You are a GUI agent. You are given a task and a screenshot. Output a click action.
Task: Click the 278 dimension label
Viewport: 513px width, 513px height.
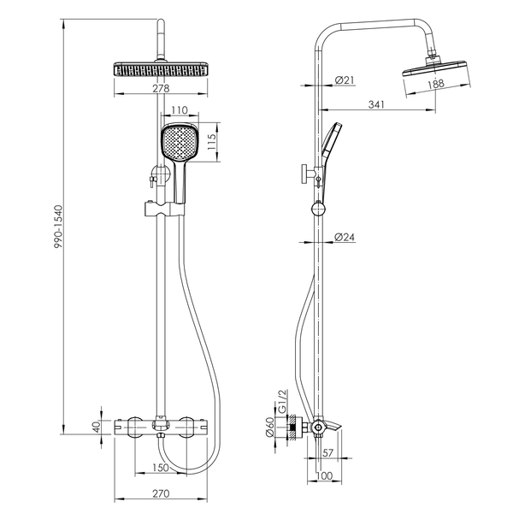pyautogui.click(x=161, y=88)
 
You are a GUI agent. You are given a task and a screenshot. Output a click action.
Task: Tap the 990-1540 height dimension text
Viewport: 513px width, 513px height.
pyautogui.click(x=58, y=227)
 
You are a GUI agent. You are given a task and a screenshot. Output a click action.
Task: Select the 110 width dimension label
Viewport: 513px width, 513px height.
pyautogui.click(x=180, y=110)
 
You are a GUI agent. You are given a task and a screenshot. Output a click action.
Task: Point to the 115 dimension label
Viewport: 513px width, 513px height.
pyautogui.click(x=212, y=142)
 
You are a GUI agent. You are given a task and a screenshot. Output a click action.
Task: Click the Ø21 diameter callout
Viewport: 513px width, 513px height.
pyautogui.click(x=345, y=80)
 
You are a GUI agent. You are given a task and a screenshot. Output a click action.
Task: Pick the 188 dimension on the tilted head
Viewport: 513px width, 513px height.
pyautogui.click(x=436, y=84)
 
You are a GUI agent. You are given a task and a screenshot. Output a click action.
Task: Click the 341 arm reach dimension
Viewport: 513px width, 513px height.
pyautogui.click(x=376, y=104)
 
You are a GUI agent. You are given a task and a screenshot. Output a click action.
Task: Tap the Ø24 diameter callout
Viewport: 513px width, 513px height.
pyautogui.click(x=345, y=237)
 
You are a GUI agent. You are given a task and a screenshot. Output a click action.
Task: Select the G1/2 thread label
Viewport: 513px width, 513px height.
pyautogui.click(x=282, y=401)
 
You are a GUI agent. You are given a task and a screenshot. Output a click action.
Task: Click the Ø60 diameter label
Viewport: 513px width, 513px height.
pyautogui.click(x=270, y=427)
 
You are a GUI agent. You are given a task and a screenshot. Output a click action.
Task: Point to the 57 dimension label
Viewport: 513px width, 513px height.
pyautogui.click(x=328, y=453)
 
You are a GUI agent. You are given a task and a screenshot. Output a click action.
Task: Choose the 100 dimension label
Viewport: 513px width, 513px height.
pyautogui.click(x=325, y=475)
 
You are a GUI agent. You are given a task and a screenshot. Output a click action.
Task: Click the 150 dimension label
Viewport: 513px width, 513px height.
pyautogui.click(x=161, y=468)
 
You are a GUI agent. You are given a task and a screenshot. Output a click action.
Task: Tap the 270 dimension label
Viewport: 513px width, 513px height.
pyautogui.click(x=161, y=493)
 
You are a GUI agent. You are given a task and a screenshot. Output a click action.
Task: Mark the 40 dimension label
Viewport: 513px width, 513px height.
pyautogui.click(x=97, y=427)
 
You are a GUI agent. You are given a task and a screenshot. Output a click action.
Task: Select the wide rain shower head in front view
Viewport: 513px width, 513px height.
pyautogui.click(x=161, y=68)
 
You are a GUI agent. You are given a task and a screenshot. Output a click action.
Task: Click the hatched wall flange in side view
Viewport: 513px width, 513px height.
pyautogui.click(x=292, y=427)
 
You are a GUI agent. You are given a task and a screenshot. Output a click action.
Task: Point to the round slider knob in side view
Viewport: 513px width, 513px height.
pyautogui.click(x=318, y=209)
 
